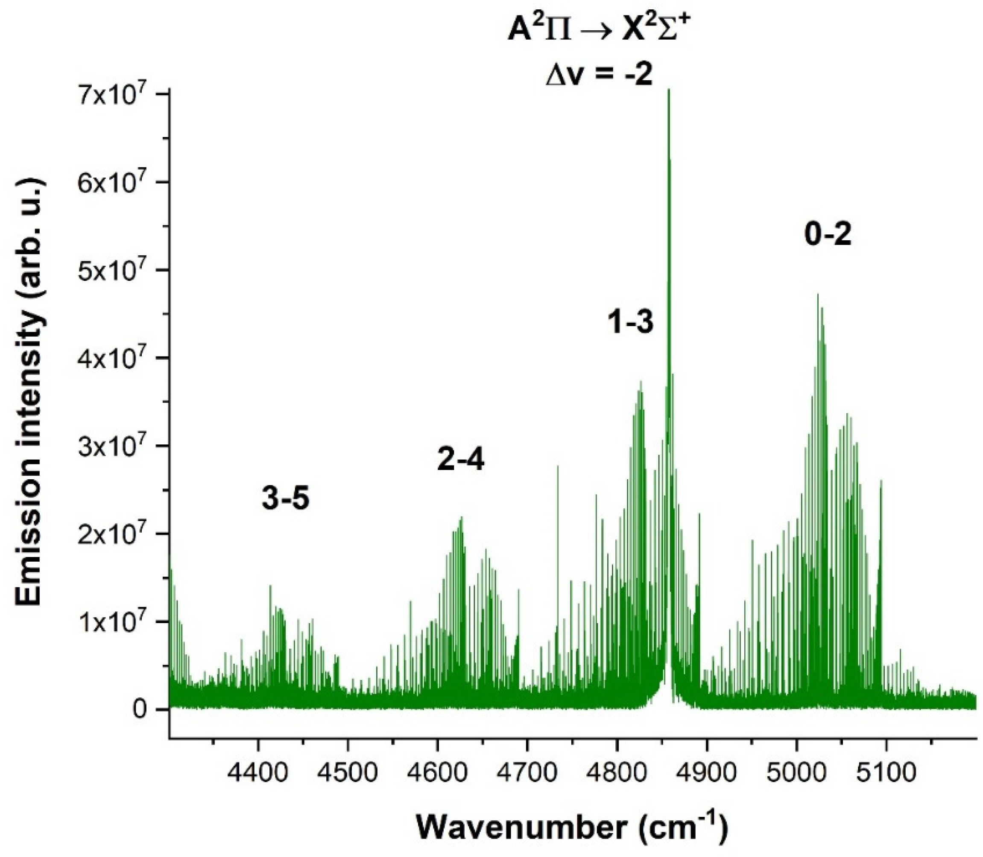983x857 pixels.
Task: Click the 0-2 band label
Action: click(x=828, y=236)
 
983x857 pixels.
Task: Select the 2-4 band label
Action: click(x=460, y=460)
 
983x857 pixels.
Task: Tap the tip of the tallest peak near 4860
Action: click(x=669, y=90)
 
